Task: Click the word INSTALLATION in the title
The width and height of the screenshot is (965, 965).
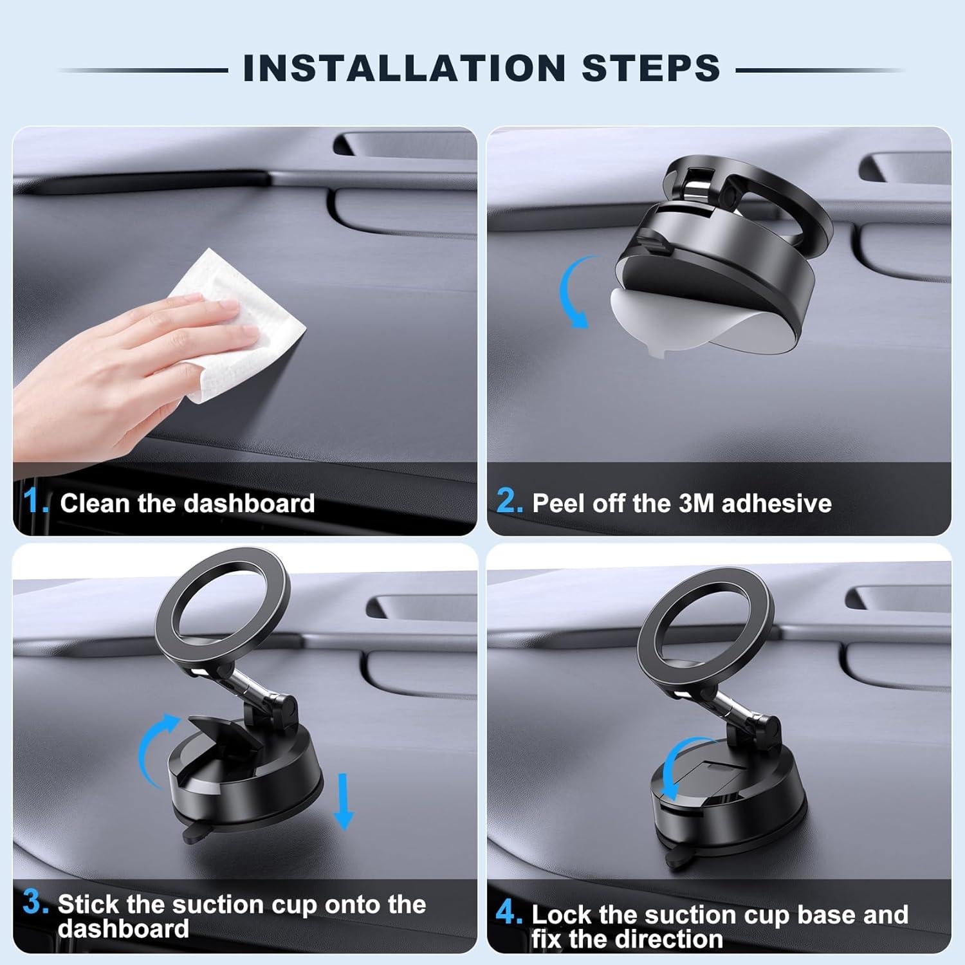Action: pos(403,68)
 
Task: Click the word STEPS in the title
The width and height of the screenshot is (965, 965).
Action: pos(650,68)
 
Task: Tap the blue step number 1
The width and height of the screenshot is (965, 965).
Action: pos(34,501)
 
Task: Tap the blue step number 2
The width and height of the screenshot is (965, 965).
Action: pos(510,501)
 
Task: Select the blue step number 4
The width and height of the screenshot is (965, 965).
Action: pos(509,913)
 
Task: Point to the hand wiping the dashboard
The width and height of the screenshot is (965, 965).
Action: pos(129,360)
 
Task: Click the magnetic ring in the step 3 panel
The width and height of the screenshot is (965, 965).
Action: pos(222,611)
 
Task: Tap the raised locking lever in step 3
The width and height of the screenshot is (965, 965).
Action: pos(222,733)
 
